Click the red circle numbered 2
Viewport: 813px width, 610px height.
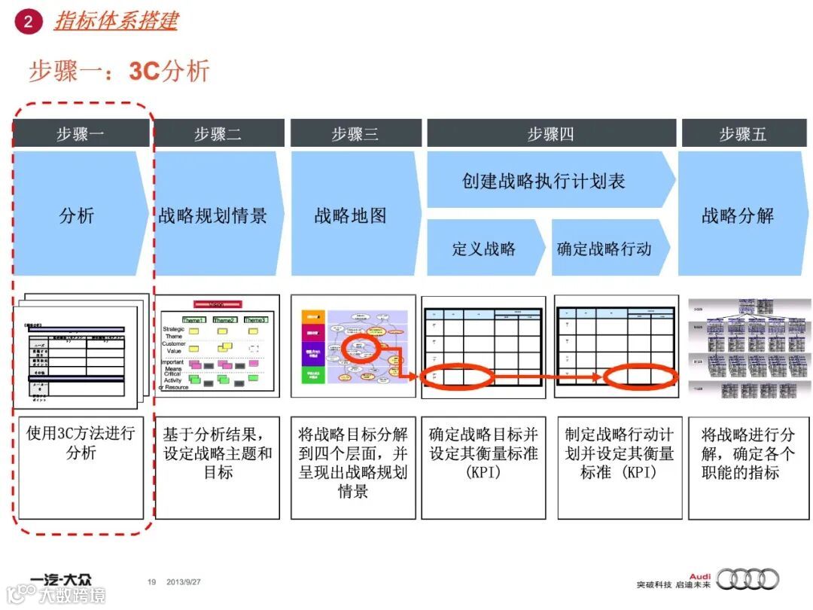(x=28, y=21)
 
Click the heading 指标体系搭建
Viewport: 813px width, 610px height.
(x=115, y=20)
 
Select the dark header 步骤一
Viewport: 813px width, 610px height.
(x=81, y=134)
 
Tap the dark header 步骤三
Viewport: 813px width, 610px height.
(x=355, y=134)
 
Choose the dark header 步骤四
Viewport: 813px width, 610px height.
(x=550, y=134)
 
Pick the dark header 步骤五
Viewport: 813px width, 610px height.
(x=742, y=134)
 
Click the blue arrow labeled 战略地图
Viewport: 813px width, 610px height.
(x=351, y=215)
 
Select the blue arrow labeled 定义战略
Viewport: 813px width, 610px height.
(x=483, y=249)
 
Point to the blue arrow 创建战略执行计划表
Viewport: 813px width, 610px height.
(x=544, y=181)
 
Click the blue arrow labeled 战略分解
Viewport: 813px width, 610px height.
(x=738, y=215)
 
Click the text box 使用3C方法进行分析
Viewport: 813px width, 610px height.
(x=81, y=467)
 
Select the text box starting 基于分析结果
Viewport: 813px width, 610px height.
(x=218, y=467)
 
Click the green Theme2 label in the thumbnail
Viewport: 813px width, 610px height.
(x=224, y=320)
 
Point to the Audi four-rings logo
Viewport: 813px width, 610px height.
(x=748, y=579)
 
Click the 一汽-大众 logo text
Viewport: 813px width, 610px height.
(x=61, y=580)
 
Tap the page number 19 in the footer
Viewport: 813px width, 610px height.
(x=151, y=582)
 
